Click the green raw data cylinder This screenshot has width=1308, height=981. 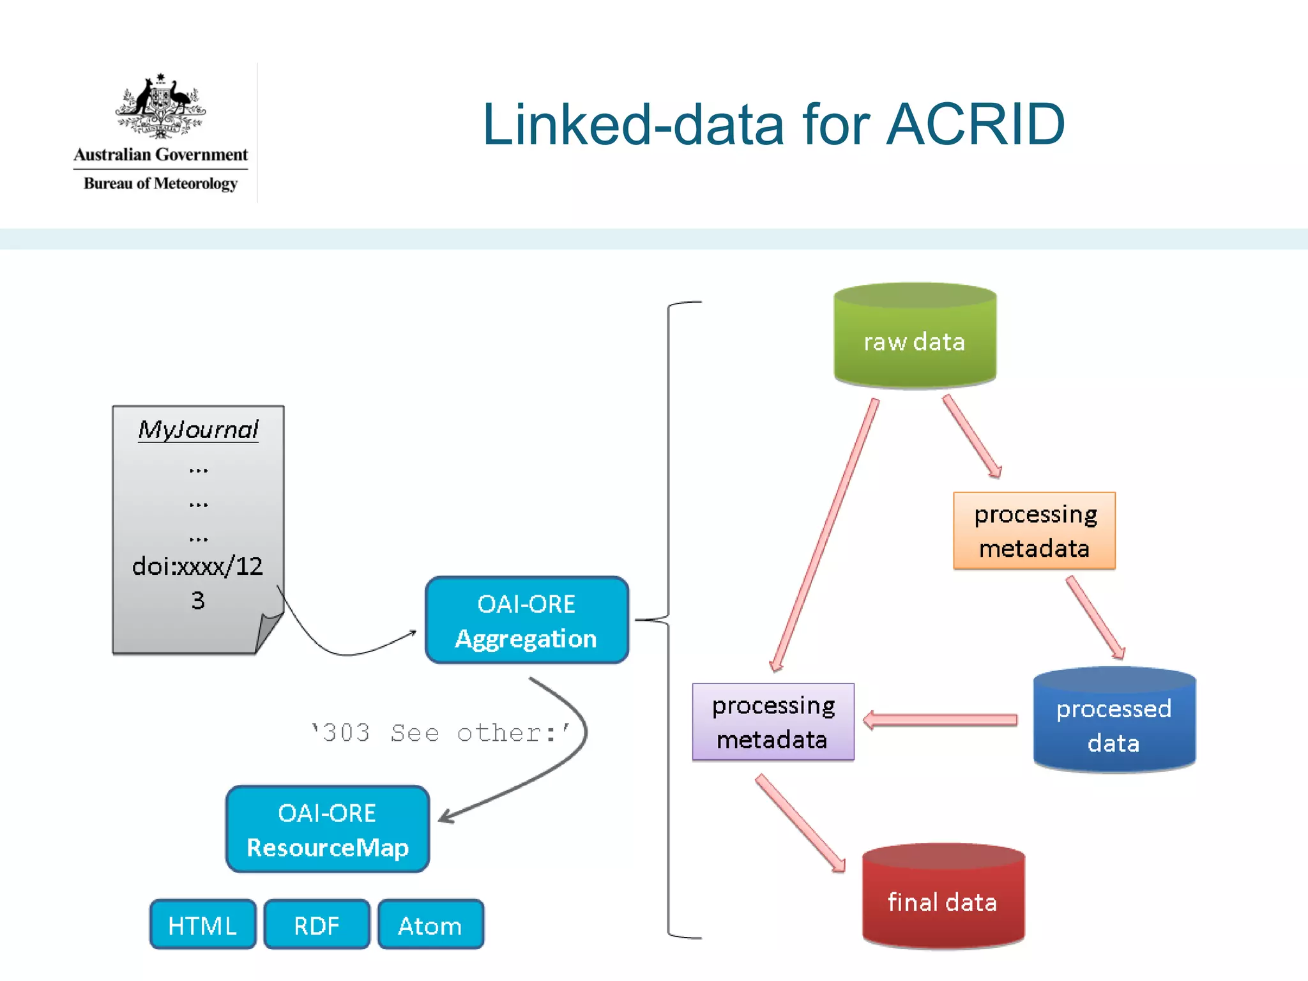point(915,338)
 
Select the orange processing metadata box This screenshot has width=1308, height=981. point(1034,531)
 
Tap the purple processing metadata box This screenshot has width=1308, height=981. point(773,722)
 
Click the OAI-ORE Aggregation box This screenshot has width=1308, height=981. point(527,620)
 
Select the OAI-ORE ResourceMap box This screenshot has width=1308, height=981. point(328,829)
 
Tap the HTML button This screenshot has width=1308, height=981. point(202,925)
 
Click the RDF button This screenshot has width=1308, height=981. point(317,925)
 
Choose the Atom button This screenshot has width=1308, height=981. point(430,925)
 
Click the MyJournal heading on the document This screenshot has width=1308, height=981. point(198,430)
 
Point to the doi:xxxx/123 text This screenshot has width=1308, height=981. point(197,566)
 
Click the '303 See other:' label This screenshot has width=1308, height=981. point(441,733)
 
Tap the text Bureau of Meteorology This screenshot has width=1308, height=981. point(160,184)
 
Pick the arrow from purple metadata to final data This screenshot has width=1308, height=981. point(800,823)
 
